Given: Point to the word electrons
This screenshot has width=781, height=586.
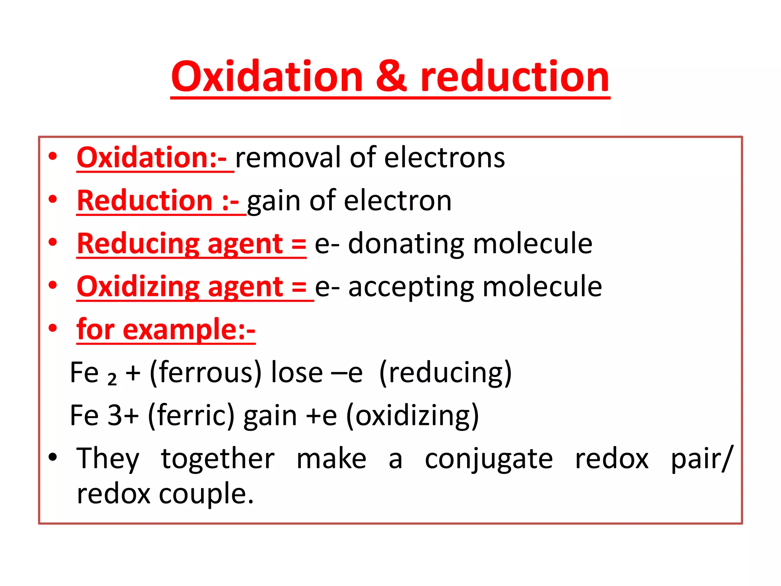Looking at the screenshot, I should point(445,158).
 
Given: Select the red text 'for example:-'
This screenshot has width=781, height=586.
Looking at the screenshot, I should point(166,329).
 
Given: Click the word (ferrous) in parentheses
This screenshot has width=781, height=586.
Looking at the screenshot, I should point(206,372).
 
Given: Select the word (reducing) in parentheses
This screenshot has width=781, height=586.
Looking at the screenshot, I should point(445,372).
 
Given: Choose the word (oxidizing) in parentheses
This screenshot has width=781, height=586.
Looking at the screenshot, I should point(412,415).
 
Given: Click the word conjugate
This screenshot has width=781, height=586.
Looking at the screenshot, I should point(489,459).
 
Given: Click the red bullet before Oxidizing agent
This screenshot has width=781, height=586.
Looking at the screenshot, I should point(53,285).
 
